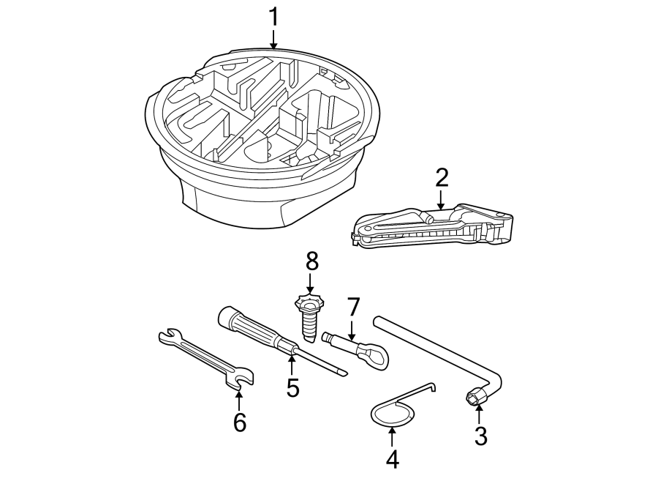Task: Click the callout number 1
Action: [x=273, y=17]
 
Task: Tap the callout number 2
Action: [x=441, y=178]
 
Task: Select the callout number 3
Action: [x=480, y=436]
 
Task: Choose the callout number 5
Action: [x=292, y=388]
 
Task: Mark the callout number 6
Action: [x=239, y=422]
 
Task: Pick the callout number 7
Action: [x=353, y=306]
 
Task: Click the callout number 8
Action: [x=312, y=260]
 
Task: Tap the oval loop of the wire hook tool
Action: [x=391, y=415]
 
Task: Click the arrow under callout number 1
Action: [x=273, y=40]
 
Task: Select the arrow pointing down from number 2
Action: [x=441, y=200]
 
